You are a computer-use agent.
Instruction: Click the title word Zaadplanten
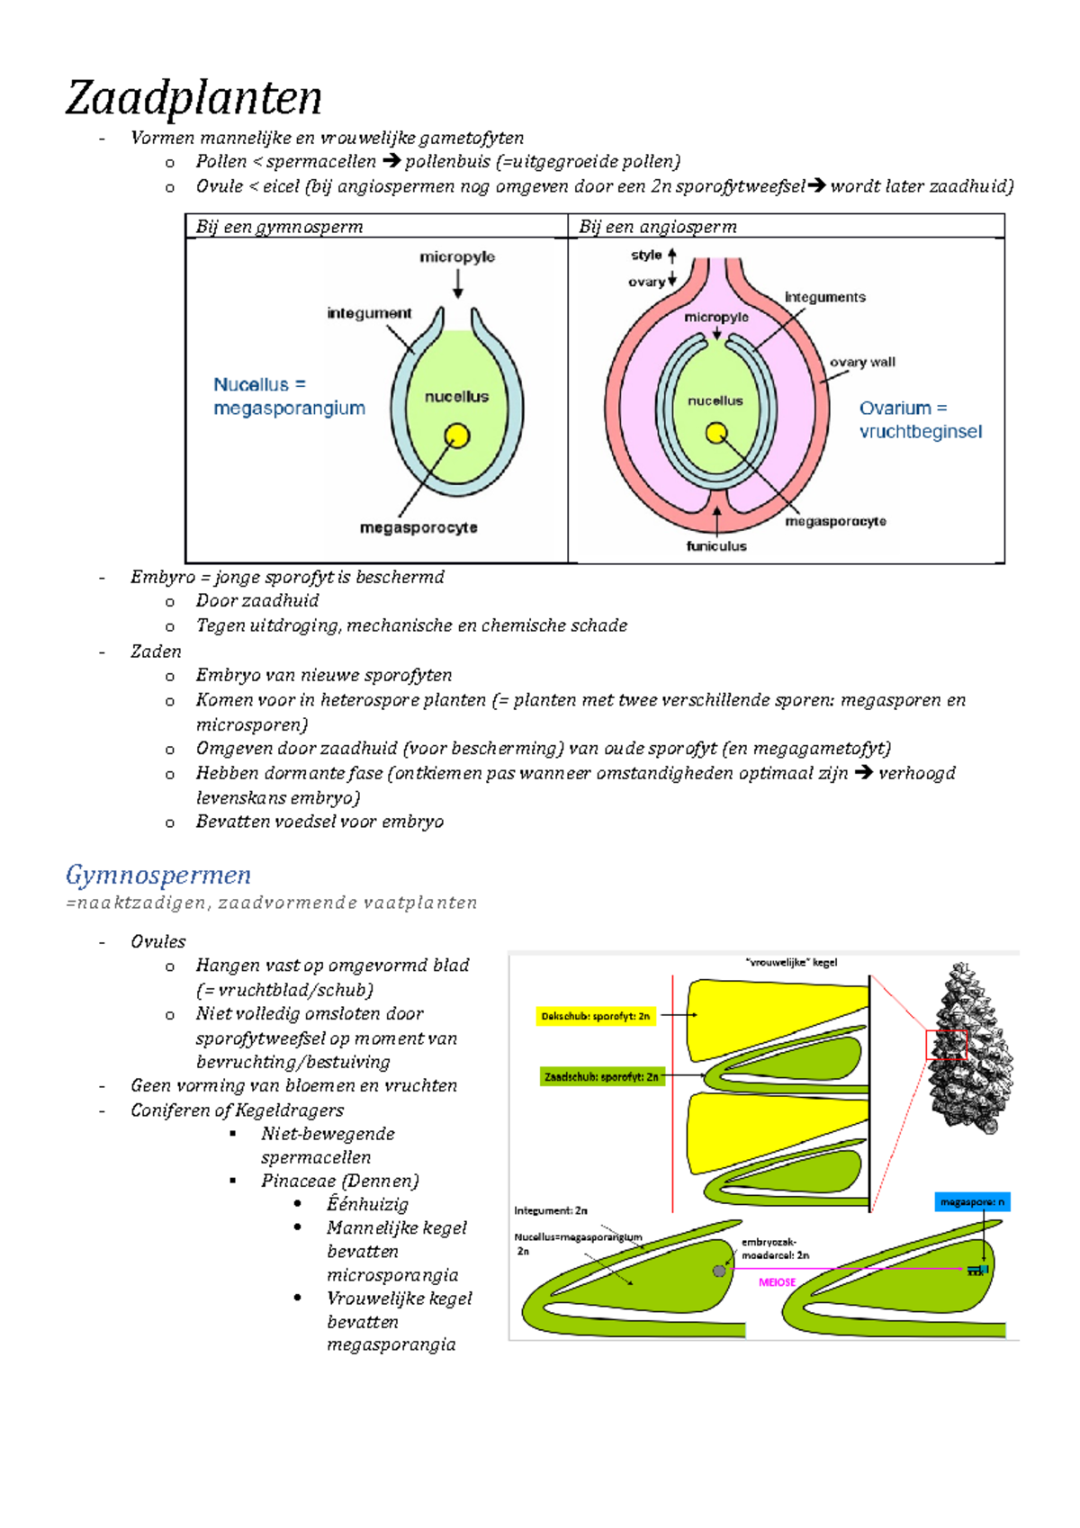point(193,99)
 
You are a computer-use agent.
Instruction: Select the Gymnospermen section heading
point(158,876)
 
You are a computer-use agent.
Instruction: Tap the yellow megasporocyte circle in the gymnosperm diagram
point(457,436)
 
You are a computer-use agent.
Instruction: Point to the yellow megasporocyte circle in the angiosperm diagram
point(716,433)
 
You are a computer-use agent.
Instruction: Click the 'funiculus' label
point(716,545)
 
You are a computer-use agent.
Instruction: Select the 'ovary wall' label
point(862,363)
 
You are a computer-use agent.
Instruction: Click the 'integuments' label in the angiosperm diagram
point(824,298)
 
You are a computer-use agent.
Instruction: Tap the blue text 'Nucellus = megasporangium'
point(289,396)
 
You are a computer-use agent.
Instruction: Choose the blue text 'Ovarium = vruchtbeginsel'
point(921,419)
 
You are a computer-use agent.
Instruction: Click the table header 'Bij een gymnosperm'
point(280,227)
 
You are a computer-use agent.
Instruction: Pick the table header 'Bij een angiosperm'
point(658,227)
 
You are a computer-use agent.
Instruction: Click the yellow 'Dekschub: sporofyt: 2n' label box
point(595,1016)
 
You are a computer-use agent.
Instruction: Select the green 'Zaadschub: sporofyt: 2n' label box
point(602,1077)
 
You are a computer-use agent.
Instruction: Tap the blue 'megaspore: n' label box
point(972,1202)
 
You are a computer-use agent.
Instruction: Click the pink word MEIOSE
point(777,1282)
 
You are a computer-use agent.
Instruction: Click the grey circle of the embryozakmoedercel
point(719,1271)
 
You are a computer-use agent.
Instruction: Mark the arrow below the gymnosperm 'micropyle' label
point(458,283)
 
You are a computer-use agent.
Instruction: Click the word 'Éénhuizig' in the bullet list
point(367,1204)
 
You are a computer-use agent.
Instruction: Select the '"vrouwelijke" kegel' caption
point(791,963)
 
